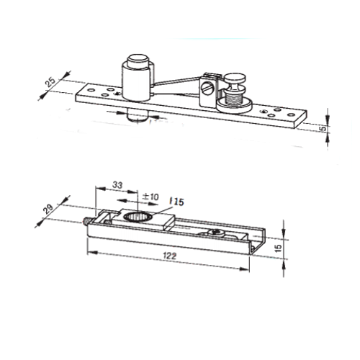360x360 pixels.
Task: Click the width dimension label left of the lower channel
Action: tap(50, 208)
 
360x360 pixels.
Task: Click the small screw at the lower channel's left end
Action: tap(86, 221)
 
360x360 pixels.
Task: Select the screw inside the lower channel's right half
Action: tap(214, 233)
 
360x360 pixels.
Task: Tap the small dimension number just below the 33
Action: tap(150, 195)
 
